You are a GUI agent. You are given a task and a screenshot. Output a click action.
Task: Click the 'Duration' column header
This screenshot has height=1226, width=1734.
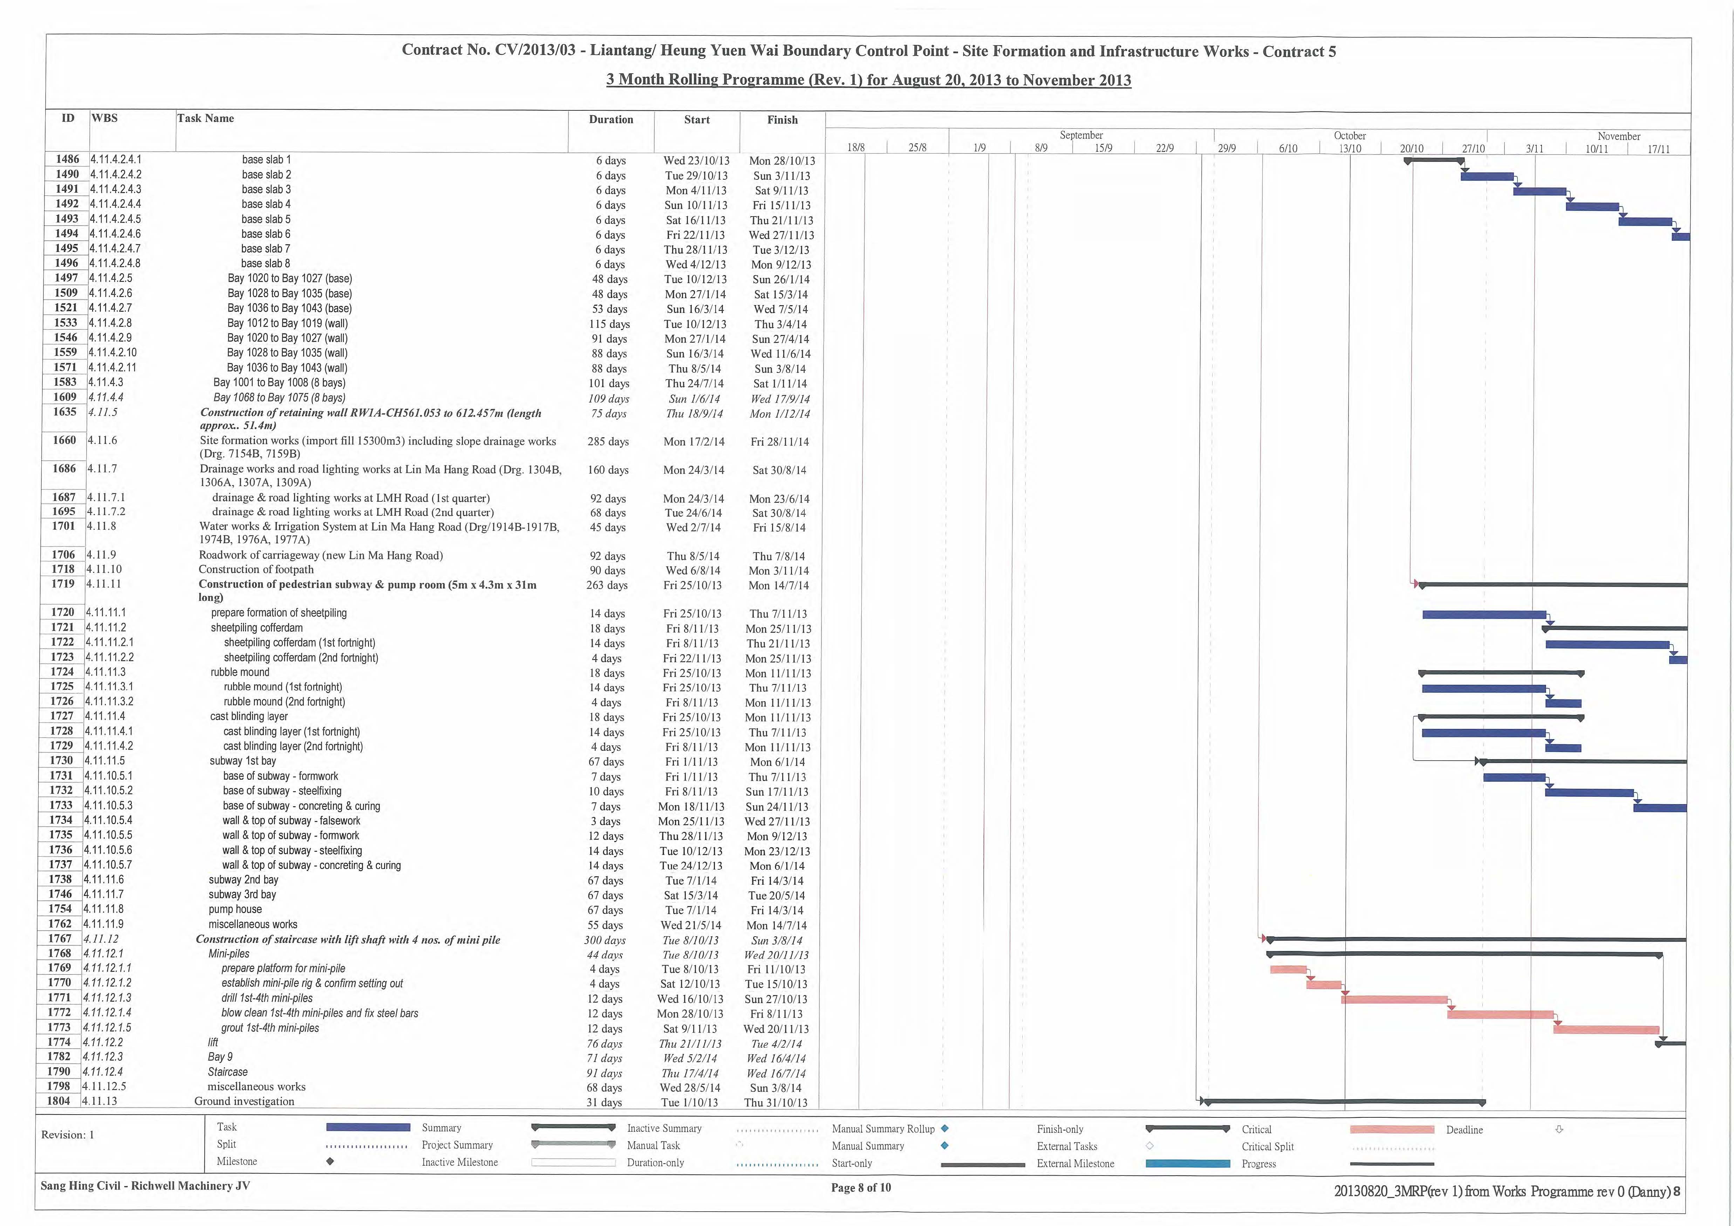[x=611, y=119]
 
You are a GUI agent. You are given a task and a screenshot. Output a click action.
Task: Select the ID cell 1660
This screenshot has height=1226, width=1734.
[x=64, y=440]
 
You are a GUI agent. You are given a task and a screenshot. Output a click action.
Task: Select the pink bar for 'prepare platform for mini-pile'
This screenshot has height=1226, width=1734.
[x=1289, y=969]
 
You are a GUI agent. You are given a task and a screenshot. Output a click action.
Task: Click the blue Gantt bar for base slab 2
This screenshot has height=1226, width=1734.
[x=1487, y=177]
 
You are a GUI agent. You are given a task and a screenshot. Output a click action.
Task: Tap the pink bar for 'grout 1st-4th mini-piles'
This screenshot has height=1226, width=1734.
[x=1606, y=1029]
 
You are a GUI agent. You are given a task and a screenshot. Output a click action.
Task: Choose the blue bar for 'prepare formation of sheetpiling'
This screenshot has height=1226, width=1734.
[x=1484, y=615]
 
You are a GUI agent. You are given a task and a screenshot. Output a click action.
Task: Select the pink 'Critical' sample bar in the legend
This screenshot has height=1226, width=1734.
[x=1392, y=1129]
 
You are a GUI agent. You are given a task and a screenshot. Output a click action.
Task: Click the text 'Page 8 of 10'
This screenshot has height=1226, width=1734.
[x=861, y=1187]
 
